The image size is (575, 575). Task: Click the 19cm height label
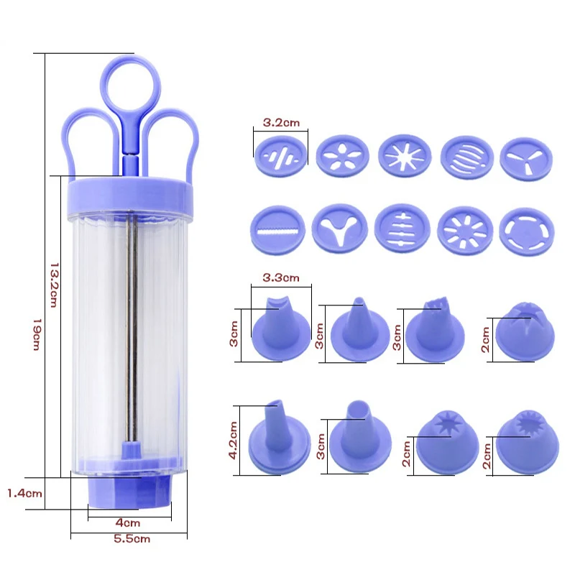(37, 334)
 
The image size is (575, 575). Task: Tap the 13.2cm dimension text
(55, 285)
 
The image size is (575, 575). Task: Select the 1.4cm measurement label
(24, 493)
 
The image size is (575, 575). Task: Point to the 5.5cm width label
(132, 538)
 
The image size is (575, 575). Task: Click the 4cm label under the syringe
(128, 523)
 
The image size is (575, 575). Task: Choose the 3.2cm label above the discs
(281, 122)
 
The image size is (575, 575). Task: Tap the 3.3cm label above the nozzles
(281, 277)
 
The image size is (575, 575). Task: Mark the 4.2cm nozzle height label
(233, 440)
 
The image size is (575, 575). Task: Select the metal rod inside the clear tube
(132, 328)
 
